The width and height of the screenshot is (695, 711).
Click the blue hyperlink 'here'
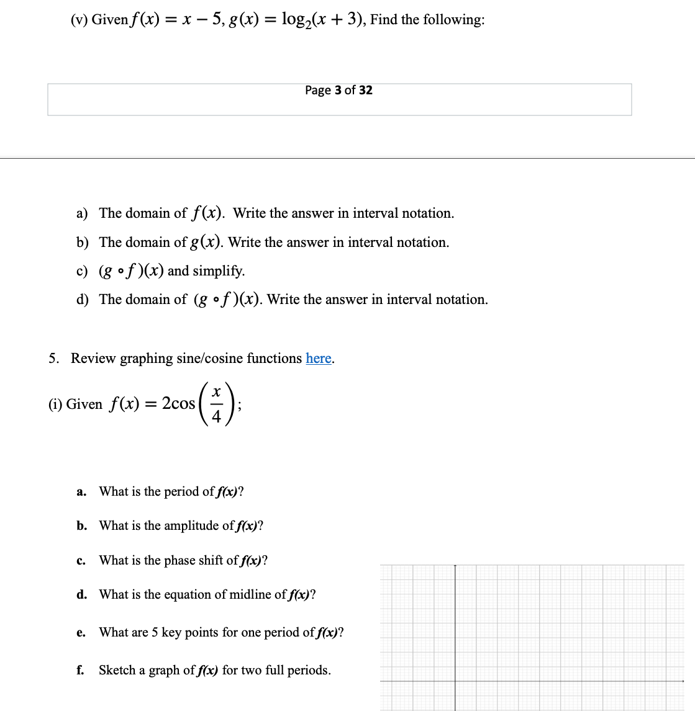[319, 359]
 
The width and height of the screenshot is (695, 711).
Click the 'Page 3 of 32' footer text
[338, 91]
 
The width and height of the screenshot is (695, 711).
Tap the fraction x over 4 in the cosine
[216, 404]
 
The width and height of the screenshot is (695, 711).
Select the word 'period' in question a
[181, 492]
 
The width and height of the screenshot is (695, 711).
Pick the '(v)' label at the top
[79, 20]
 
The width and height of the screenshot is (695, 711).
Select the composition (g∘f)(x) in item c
[132, 271]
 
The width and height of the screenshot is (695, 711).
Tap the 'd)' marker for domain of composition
[82, 300]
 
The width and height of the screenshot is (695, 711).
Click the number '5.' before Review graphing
[55, 359]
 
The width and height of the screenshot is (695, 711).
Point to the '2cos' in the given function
[178, 404]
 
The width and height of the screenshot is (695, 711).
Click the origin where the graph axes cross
[455, 681]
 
